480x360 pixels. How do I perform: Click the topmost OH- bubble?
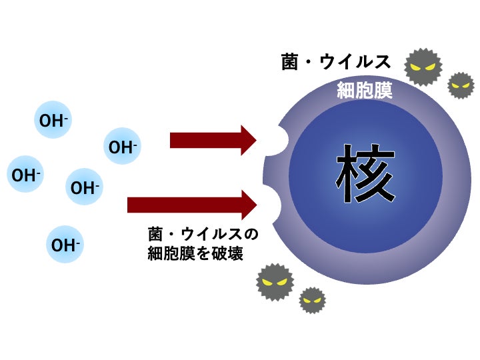pos(53,121)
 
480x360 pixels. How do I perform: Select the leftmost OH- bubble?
pos(25,175)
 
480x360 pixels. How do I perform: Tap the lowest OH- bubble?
pos(65,245)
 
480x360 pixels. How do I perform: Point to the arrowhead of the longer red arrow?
pos(248,205)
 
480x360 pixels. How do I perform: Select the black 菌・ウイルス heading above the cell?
pos(336,62)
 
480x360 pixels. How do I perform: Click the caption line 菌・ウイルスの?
pos(202,235)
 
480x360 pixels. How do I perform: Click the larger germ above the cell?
pos(423,67)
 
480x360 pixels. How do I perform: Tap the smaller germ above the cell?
pos(461,85)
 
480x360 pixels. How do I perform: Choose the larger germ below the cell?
pos(275,282)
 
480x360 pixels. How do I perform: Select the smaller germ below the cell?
pos(312,300)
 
